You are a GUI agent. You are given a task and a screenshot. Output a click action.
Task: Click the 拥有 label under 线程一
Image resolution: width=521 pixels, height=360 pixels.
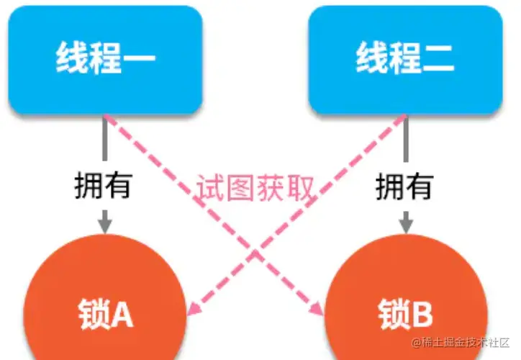tap(103, 186)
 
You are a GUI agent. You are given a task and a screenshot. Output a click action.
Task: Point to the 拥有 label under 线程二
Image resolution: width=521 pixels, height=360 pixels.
tap(404, 186)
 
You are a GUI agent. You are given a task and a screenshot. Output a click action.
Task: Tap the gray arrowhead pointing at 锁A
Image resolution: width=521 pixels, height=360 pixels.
tap(105, 225)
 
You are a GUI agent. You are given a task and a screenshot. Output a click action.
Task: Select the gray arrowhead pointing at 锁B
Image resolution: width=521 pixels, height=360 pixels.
tap(406, 225)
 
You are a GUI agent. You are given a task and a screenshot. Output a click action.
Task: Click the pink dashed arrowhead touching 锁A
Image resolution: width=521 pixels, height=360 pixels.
tap(193, 310)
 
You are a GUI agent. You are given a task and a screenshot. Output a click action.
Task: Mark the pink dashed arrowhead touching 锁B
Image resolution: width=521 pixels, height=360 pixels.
tap(317, 310)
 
